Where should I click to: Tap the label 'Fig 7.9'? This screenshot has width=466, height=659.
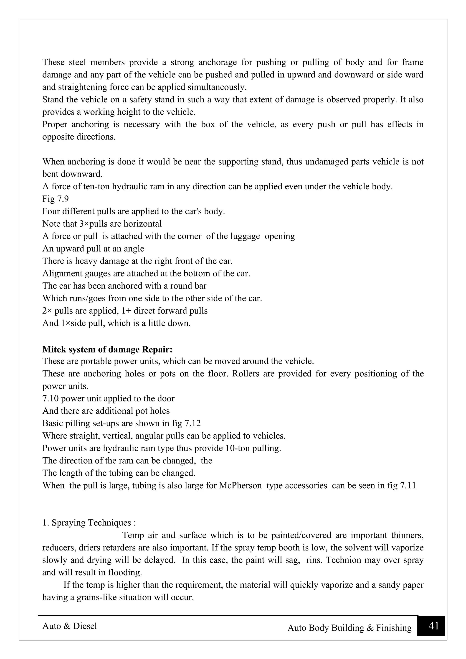tap(55, 199)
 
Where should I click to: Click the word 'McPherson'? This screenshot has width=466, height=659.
tap(240, 485)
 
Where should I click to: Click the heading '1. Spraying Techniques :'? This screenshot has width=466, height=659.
tap(89, 522)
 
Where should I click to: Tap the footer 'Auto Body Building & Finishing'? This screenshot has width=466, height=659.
tap(349, 628)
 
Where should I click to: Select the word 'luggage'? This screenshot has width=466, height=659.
tap(247, 236)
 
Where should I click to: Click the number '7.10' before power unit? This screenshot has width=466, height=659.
tap(51, 398)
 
